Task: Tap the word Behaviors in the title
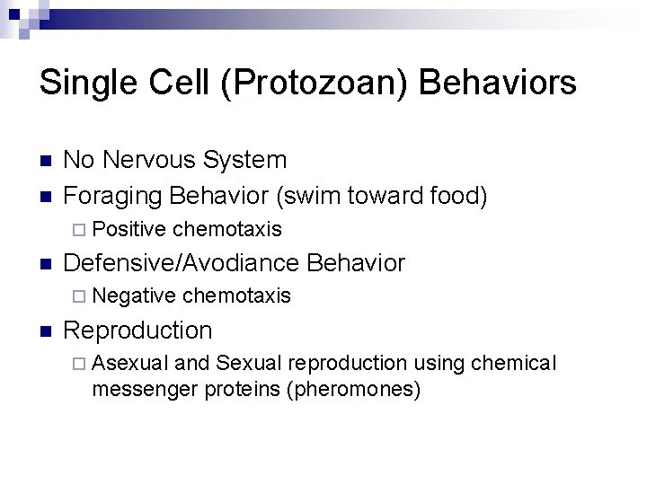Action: [498, 84]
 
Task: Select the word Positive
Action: [129, 230]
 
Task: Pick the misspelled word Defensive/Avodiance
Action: [182, 263]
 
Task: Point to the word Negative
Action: [134, 295]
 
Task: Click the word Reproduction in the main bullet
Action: [138, 330]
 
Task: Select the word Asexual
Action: [130, 363]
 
